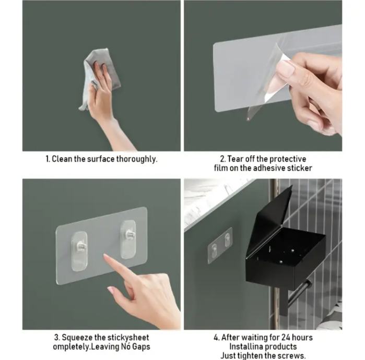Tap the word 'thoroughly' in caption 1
(x=137, y=159)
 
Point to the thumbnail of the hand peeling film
(x=263, y=76)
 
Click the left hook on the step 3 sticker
(x=79, y=251)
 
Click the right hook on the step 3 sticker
(x=128, y=239)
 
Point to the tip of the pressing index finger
(x=104, y=255)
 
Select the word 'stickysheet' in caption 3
(x=122, y=338)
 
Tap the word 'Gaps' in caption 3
(x=141, y=347)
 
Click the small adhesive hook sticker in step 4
(x=220, y=245)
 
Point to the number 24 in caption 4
(x=286, y=338)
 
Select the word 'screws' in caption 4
(x=290, y=356)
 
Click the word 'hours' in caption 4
(x=303, y=338)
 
